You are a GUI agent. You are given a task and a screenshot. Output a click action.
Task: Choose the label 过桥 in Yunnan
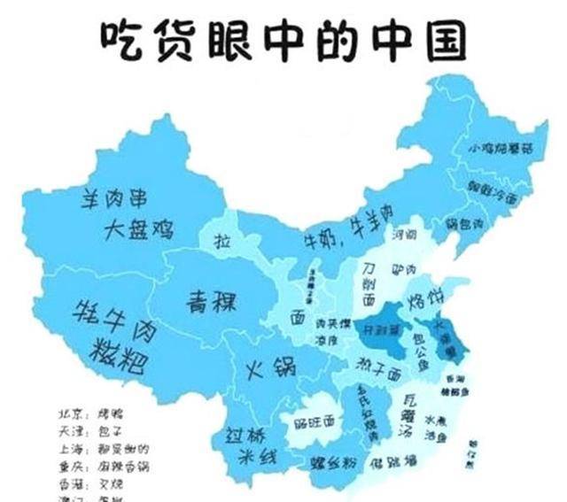pos(244,436)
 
